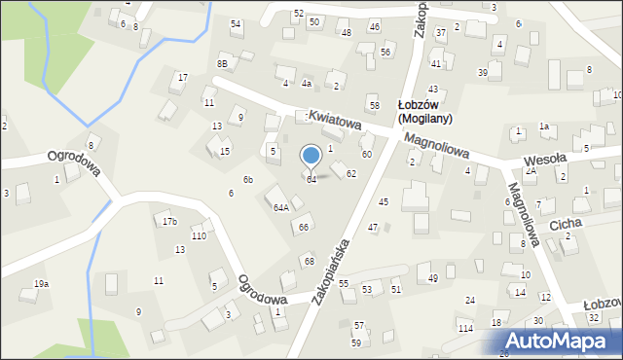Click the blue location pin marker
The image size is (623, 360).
(x=311, y=157)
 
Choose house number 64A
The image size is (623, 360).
(x=280, y=207)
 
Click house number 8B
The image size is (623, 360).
(x=223, y=64)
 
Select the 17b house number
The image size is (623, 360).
(x=170, y=222)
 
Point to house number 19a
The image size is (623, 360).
(x=41, y=283)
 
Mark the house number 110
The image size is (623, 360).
(x=199, y=236)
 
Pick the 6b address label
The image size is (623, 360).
(x=248, y=180)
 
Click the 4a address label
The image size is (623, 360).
(x=306, y=84)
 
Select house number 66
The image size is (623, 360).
(x=304, y=227)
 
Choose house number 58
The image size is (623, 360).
(x=374, y=104)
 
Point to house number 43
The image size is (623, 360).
(x=432, y=89)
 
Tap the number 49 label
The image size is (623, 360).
(x=433, y=278)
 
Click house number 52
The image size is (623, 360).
(x=298, y=13)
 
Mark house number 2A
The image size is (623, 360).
(x=531, y=171)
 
